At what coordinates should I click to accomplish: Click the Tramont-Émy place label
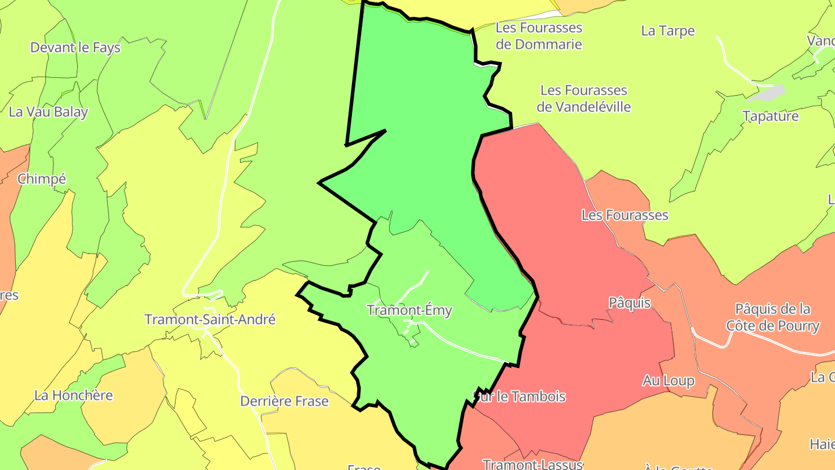click(x=409, y=310)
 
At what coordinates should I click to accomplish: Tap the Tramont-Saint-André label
click(x=210, y=320)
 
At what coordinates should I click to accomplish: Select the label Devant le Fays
click(x=75, y=48)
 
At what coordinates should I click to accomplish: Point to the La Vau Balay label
click(x=49, y=112)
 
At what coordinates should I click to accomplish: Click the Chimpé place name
click(x=42, y=179)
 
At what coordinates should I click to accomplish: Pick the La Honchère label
click(x=74, y=396)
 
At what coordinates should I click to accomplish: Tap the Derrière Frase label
click(x=284, y=401)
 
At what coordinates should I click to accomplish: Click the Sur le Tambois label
click(x=520, y=397)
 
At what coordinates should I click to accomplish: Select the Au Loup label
click(x=669, y=381)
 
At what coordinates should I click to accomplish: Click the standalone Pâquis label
click(x=630, y=303)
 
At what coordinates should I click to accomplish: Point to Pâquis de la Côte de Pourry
click(x=773, y=317)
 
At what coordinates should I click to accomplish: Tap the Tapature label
click(x=771, y=116)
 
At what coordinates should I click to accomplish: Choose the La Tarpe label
click(x=668, y=31)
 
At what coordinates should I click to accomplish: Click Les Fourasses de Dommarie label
click(x=539, y=36)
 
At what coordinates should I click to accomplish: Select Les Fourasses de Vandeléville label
click(x=583, y=99)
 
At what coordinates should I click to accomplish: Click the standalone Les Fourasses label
click(x=625, y=215)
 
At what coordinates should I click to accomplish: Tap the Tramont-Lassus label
click(x=533, y=464)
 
